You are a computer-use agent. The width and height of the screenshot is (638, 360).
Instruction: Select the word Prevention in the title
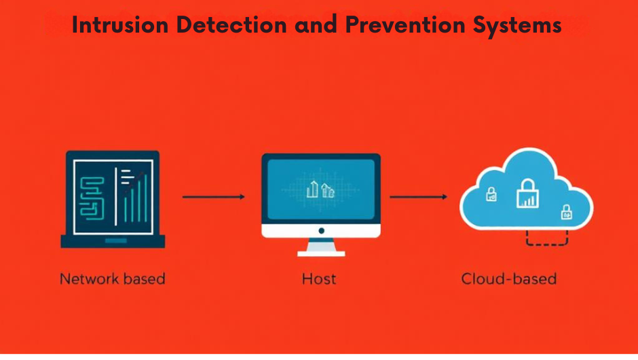point(404,25)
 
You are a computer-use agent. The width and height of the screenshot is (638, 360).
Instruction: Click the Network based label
point(112,278)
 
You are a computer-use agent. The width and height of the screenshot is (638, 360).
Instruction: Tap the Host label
point(319,278)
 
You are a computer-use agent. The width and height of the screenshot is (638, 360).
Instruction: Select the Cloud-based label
point(508,278)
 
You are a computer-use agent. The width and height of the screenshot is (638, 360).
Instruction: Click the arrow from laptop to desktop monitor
point(213,197)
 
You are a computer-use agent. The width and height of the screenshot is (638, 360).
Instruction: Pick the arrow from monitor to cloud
point(418,197)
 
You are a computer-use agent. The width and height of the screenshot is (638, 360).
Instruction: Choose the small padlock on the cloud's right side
point(565,213)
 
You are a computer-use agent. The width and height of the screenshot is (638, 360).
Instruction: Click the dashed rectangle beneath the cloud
point(547,238)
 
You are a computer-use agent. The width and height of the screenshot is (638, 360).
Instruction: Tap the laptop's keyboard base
point(112,241)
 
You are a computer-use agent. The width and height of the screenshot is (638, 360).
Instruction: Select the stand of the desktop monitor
point(320,247)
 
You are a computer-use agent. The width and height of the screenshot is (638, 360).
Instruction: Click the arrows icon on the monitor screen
point(320,190)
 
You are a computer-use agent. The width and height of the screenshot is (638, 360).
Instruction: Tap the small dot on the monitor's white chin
point(320,230)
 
